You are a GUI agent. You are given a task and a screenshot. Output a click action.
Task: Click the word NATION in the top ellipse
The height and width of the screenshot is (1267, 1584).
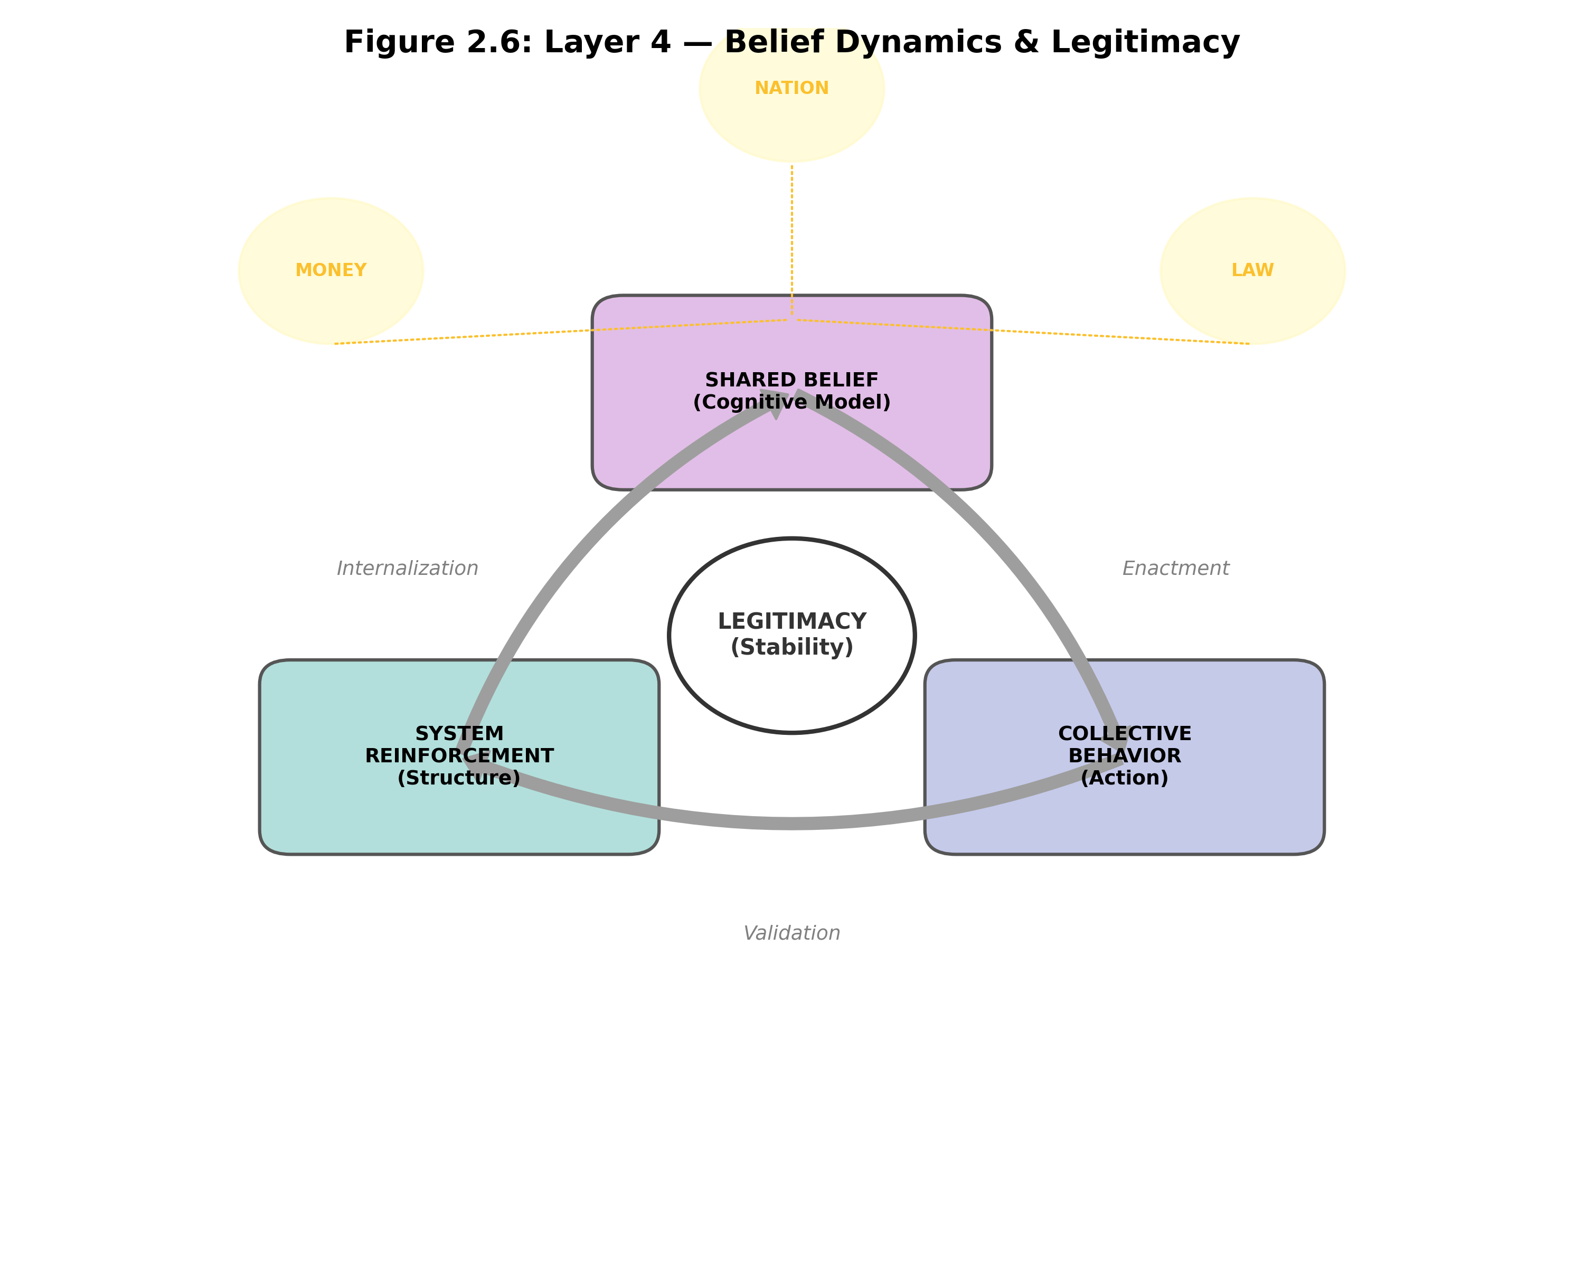pos(791,88)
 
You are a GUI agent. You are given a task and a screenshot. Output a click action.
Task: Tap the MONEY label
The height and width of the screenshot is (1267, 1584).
pos(331,270)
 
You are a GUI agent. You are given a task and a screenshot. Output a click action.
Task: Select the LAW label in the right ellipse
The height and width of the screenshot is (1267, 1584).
pos(1252,270)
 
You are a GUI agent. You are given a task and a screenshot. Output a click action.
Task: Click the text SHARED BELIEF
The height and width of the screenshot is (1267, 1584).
pos(791,380)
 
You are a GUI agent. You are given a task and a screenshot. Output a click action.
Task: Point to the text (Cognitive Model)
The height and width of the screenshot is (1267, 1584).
pos(791,402)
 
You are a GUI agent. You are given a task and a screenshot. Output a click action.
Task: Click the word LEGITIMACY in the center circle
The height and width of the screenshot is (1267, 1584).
pos(791,621)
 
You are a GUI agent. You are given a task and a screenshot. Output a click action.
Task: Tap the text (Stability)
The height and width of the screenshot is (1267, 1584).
pos(791,647)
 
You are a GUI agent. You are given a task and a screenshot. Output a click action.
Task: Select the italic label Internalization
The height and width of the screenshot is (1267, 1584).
pos(407,569)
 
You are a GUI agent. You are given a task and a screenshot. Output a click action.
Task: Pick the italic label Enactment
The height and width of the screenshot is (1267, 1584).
pos(1175,569)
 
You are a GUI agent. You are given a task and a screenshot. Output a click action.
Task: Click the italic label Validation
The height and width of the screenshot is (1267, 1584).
pos(791,933)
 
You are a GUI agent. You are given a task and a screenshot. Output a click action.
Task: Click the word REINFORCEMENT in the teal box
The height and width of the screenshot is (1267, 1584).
pos(459,756)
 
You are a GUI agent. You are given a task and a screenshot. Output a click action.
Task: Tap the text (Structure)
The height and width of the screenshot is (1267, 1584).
pos(459,778)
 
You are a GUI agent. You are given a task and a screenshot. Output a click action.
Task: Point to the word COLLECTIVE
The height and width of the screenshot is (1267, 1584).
pos(1124,734)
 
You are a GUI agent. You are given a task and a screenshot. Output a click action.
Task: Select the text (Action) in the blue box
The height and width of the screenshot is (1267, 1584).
pos(1124,778)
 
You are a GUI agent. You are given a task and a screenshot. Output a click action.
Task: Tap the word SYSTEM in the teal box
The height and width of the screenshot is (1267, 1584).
pos(459,734)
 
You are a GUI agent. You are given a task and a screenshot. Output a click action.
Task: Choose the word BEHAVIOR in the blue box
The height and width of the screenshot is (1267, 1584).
pos(1124,756)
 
